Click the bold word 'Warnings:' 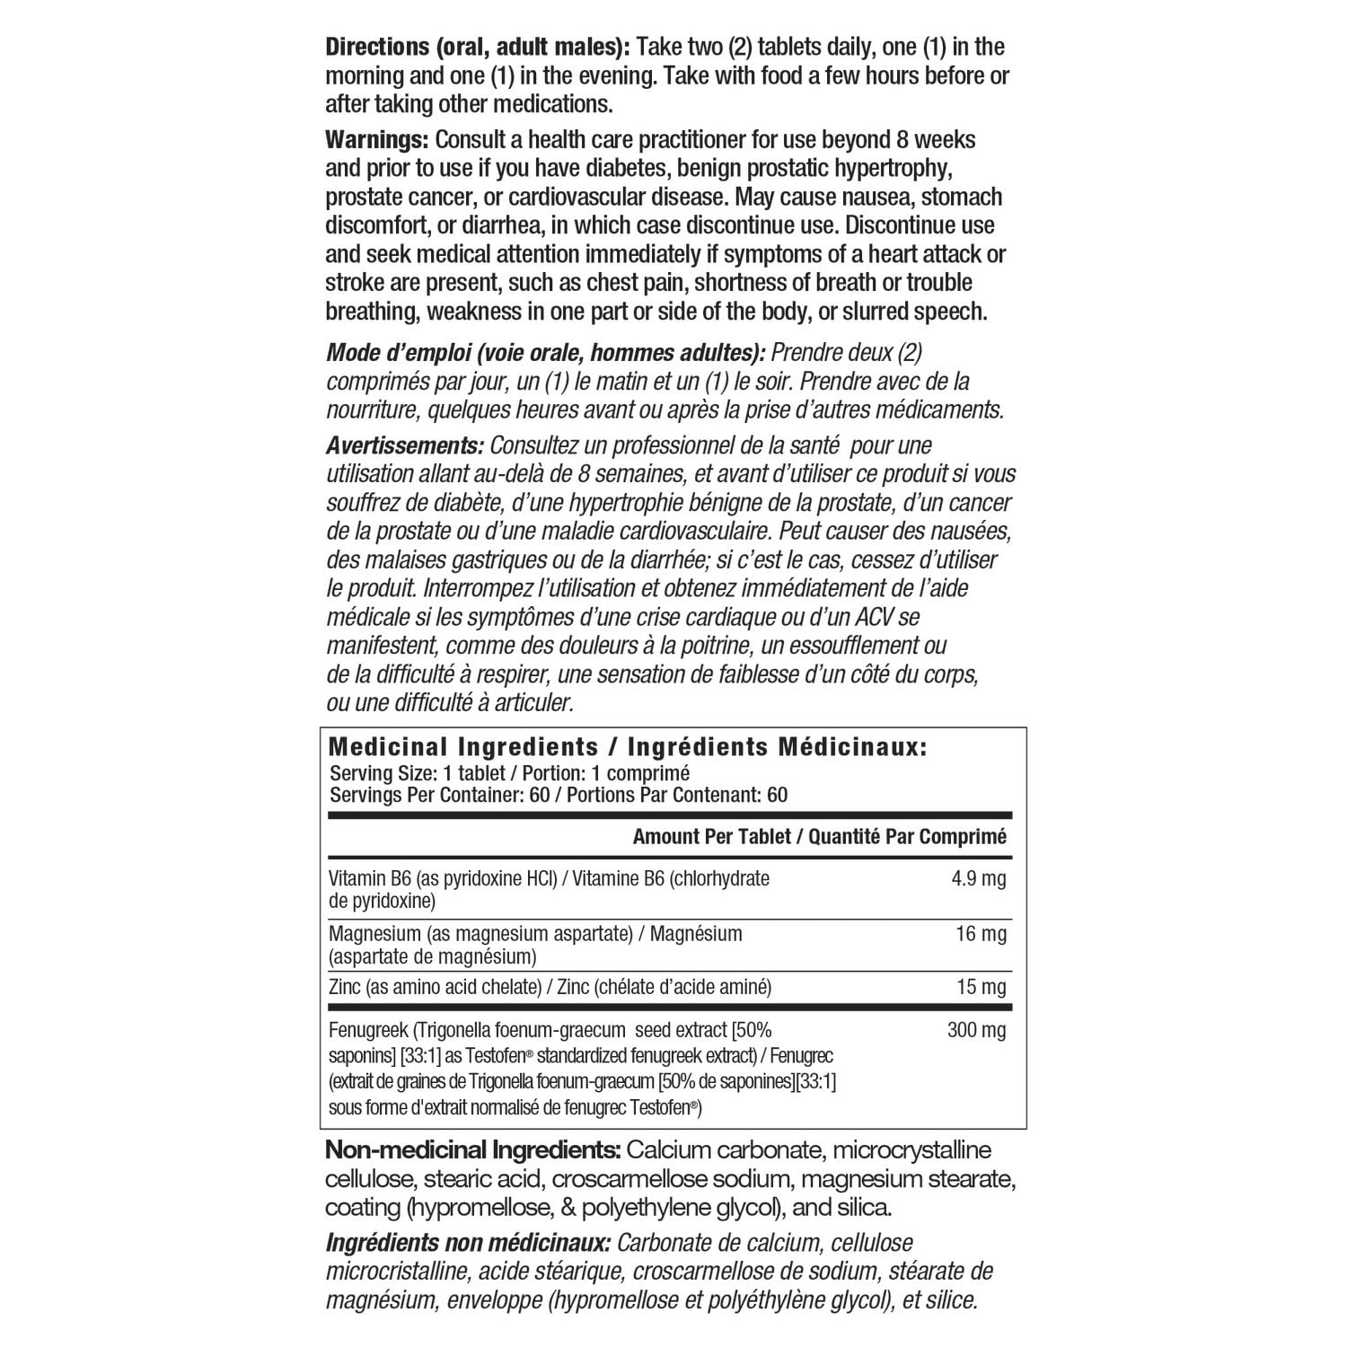376,140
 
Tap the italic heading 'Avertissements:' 404,445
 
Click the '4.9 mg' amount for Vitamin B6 979,878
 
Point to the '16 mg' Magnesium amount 982,934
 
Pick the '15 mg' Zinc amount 982,988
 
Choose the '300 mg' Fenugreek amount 977,1030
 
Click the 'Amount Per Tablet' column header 711,837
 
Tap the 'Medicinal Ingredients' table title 463,747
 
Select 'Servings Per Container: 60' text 456,795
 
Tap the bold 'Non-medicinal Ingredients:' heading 472,1150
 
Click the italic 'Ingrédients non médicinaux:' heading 468,1244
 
